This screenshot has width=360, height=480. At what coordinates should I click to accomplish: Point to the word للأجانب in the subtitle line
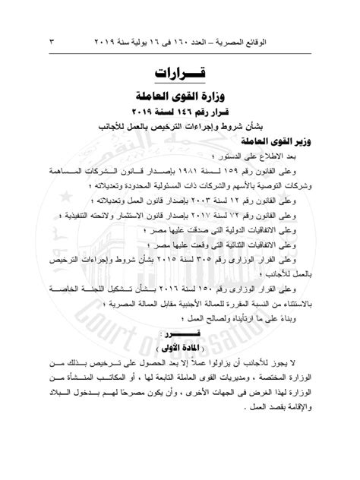(x=135, y=127)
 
